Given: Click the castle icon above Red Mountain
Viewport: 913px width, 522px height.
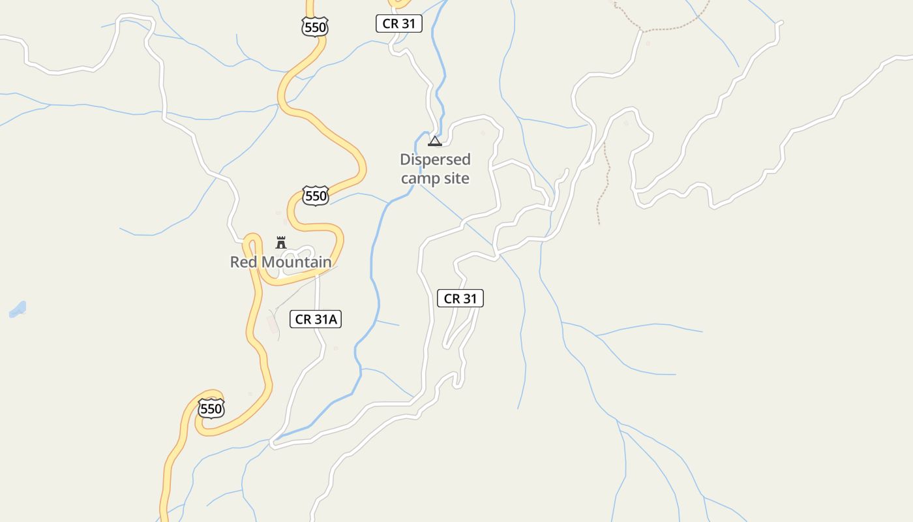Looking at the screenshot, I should point(281,243).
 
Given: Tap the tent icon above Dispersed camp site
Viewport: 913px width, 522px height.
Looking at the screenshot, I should point(435,141).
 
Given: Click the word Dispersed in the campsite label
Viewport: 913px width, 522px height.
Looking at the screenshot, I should point(435,160).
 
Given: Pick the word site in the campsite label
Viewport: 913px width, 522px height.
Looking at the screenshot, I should point(455,178).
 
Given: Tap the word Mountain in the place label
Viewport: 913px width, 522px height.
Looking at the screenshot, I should point(297,262).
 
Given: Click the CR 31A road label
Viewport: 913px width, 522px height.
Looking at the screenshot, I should point(316,319).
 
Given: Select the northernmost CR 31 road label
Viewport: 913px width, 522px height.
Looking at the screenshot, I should point(399,24).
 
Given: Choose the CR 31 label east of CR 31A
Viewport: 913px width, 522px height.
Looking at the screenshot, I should point(460,299).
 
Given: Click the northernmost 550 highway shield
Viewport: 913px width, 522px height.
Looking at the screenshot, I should point(315,27).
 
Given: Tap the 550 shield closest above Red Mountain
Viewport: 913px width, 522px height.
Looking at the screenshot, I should point(316,196).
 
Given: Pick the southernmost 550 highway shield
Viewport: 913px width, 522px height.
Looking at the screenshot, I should point(211,409).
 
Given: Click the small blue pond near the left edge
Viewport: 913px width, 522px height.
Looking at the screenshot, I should point(18,309).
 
